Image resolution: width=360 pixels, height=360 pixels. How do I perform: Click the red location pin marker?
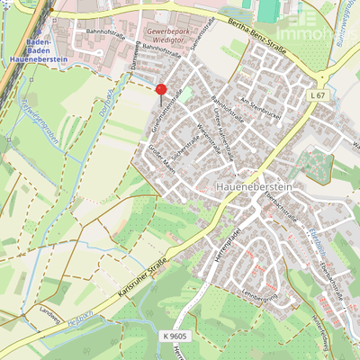pos(160,90)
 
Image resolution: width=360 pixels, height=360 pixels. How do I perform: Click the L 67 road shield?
pos(317,94)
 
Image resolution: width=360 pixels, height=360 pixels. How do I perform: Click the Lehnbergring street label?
pos(262,295)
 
